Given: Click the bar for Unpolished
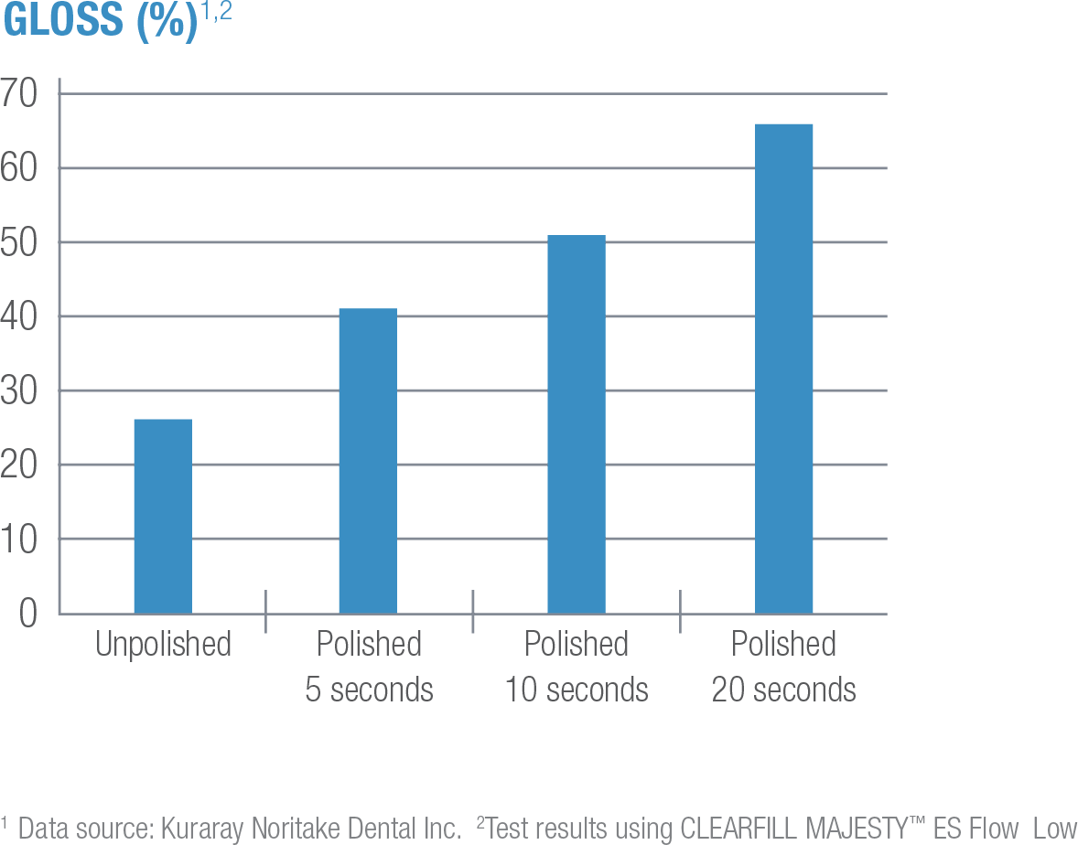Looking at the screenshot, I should [163, 516].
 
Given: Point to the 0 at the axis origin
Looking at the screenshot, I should [27, 614].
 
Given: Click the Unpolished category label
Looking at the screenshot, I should [163, 645].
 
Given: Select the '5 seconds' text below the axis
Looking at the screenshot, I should [369, 690].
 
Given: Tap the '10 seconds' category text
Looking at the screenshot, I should [577, 690].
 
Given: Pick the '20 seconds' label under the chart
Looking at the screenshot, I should [784, 690].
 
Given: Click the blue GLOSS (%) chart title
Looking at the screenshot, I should [101, 20].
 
